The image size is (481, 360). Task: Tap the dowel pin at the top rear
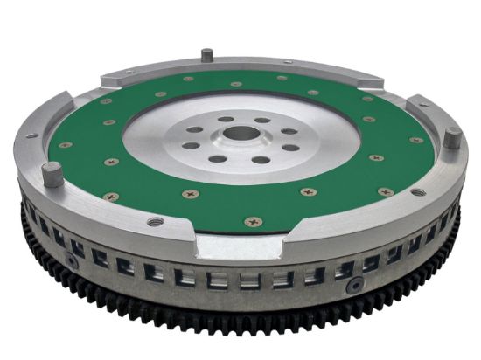[x=206, y=55]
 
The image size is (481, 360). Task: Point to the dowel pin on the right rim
[x=450, y=137]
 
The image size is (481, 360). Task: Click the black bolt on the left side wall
[x=68, y=260]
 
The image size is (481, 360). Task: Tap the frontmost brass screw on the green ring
[x=253, y=221]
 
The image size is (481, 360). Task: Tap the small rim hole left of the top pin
[x=129, y=70]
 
